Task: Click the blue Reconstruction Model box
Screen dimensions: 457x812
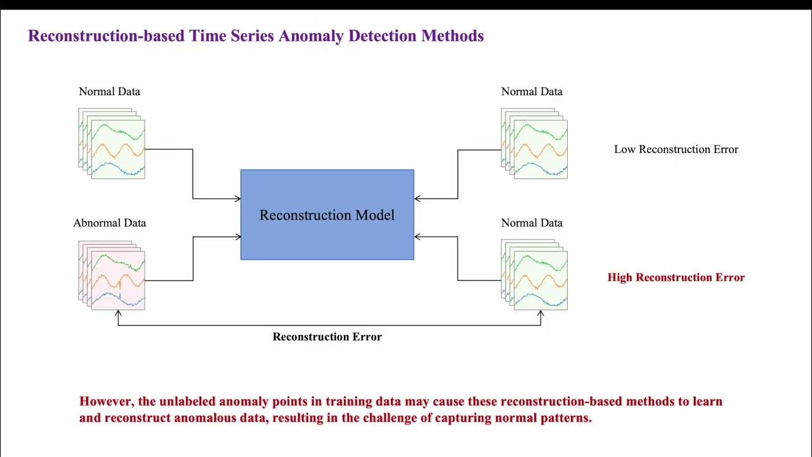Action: coord(327,215)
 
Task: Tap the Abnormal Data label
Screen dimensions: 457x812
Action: coord(109,223)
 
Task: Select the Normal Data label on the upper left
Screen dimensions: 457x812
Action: coord(109,91)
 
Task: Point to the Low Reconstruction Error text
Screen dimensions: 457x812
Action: coord(676,150)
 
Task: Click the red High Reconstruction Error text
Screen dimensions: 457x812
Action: coord(676,277)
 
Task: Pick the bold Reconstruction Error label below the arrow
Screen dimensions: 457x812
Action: coord(327,337)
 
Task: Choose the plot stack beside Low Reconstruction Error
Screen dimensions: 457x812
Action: coord(534,143)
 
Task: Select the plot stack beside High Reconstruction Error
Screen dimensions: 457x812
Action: coord(534,275)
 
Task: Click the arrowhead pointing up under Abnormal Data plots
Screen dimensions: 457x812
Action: coord(118,313)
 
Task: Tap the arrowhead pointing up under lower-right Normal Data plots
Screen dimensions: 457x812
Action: coord(540,313)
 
